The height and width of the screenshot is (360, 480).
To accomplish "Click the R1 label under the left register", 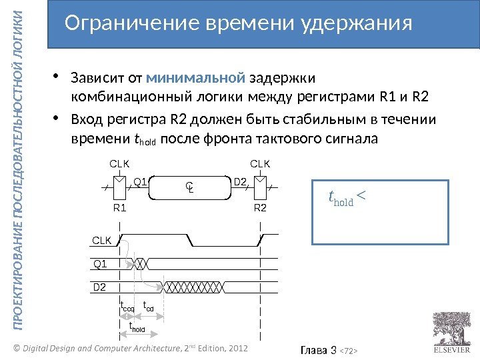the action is pyautogui.click(x=120, y=207).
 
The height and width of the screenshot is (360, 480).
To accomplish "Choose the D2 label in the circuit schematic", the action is pyautogui.click(x=241, y=181).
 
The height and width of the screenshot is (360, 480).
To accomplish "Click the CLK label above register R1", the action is pyautogui.click(x=119, y=163).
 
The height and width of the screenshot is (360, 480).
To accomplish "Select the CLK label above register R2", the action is pyautogui.click(x=259, y=163).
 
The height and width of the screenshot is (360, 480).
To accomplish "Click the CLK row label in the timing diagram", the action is pyautogui.click(x=101, y=240).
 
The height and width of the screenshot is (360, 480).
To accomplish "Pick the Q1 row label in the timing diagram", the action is pyautogui.click(x=99, y=264).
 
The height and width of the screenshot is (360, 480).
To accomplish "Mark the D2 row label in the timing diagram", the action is pyautogui.click(x=99, y=287).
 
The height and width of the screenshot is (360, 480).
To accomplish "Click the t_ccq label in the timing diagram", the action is pyautogui.click(x=127, y=308).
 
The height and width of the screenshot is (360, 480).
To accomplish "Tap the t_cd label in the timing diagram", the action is pyautogui.click(x=149, y=308).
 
